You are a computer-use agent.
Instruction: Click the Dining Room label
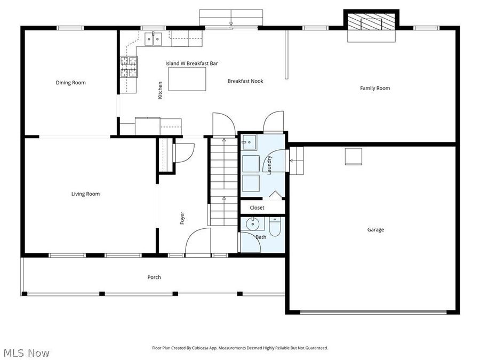pos(70,83)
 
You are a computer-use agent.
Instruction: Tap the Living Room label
pos(85,194)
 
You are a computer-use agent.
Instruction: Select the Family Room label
pos(375,88)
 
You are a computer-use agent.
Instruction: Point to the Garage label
pos(375,230)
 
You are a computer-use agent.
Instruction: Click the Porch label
pos(154,277)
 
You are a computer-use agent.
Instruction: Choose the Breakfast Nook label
pos(245,81)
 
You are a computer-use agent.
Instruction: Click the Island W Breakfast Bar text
pos(191,63)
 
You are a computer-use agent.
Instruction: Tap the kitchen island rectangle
pos(187,79)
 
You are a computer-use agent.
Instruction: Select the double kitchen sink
pos(155,38)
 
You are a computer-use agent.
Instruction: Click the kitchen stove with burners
pos(129,67)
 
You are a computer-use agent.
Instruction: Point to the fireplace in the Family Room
pos(371,26)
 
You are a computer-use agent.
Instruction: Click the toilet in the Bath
pos(275,228)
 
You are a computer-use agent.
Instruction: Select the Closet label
pos(257,208)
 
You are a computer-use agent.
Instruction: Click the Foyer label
pos(182,218)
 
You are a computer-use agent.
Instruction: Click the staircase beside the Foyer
pos(223,181)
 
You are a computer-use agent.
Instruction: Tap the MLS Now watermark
pos(26,353)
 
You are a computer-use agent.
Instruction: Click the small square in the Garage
pos(353,156)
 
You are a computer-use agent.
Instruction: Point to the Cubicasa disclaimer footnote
pos(240,348)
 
